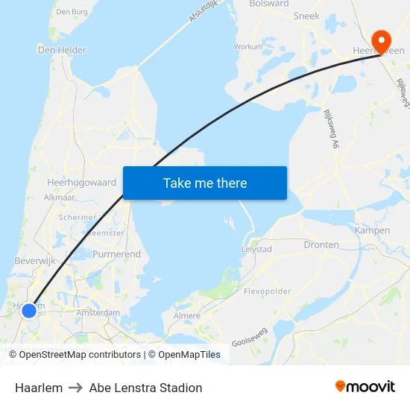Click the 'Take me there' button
coord(205,183)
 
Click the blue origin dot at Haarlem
coord(28,310)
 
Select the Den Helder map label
coord(62,50)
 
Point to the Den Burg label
coord(72,11)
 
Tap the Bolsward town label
coord(269,4)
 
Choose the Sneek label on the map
coord(306,16)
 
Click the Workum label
coord(248,46)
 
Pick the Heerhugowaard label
coord(81,182)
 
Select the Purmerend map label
coord(116,254)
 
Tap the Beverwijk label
coord(35,261)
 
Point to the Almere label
coord(187,315)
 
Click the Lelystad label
coord(257,250)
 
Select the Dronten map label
coord(321,245)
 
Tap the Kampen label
coord(373,230)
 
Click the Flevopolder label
coord(268,291)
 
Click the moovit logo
coord(365,387)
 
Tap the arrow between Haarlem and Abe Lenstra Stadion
coord(76,388)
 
